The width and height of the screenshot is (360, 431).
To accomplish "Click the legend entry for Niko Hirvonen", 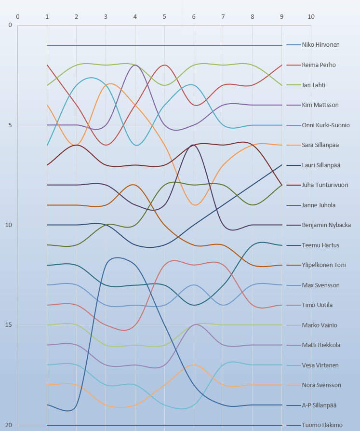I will click(x=320, y=45).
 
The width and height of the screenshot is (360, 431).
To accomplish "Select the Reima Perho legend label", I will click(x=319, y=65).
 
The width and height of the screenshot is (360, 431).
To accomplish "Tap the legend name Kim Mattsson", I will click(x=320, y=105).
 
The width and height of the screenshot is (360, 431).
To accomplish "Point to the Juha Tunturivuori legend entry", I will click(x=325, y=185).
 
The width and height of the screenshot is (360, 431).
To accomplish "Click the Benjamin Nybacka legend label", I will click(x=326, y=225).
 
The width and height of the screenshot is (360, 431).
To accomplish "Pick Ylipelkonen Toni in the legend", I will click(x=323, y=265).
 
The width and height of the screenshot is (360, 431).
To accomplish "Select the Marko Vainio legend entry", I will click(x=320, y=325).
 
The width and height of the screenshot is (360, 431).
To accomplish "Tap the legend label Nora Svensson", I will click(x=321, y=385).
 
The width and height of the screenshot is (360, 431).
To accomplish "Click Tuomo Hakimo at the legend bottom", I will click(x=322, y=425).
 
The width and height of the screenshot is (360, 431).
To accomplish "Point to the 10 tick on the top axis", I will click(x=311, y=17).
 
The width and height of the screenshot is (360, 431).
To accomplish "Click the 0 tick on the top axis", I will click(x=18, y=17).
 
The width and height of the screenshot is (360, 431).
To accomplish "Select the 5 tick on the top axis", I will click(x=164, y=17).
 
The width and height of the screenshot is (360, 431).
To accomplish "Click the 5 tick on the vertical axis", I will click(x=10, y=125).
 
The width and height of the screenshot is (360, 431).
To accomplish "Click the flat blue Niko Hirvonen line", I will click(x=164, y=45).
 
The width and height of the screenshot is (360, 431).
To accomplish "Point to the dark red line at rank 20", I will click(x=164, y=425).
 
